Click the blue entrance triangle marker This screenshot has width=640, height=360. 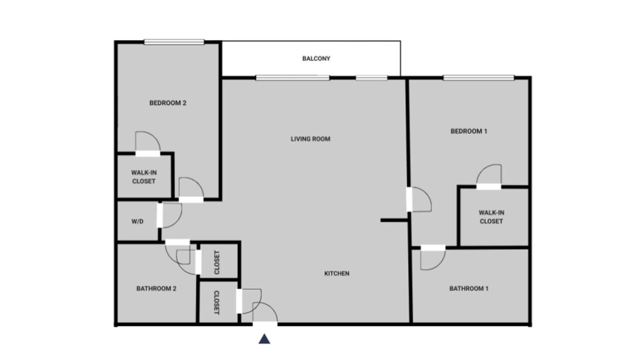pyautogui.click(x=264, y=339)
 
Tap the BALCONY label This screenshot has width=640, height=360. pyautogui.click(x=316, y=58)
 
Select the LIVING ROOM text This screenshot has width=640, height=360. pyautogui.click(x=310, y=139)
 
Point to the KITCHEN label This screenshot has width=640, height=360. pyautogui.click(x=337, y=273)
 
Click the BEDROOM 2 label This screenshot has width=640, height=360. pyautogui.click(x=168, y=103)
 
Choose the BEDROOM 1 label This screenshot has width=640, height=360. pyautogui.click(x=469, y=131)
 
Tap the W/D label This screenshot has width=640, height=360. pyautogui.click(x=137, y=221)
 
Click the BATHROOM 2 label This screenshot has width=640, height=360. pyautogui.click(x=156, y=288)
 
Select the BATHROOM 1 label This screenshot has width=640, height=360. pyautogui.click(x=469, y=288)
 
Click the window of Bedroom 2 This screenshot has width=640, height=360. pyautogui.click(x=174, y=42)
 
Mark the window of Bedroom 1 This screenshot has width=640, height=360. pyautogui.click(x=479, y=77)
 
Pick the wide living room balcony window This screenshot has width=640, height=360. pyautogui.click(x=292, y=77)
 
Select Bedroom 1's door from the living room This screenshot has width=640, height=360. pyautogui.click(x=425, y=194)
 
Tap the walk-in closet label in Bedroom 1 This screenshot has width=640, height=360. pyautogui.click(x=491, y=217)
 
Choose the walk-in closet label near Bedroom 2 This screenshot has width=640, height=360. pyautogui.click(x=143, y=177)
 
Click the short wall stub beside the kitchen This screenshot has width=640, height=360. pyautogui.click(x=394, y=220)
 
